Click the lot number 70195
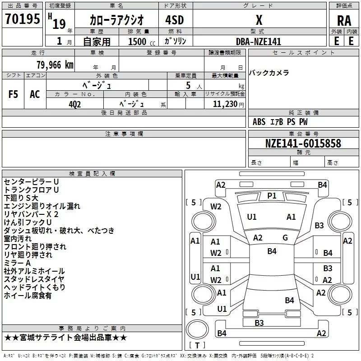coord(22,19)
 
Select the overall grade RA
coord(344,21)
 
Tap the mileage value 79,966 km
coord(55,65)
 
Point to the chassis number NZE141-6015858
coord(303,143)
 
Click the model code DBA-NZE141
coord(259,42)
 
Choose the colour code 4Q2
coord(75,104)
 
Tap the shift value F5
coord(13,94)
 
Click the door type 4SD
coord(175,20)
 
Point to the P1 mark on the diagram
coord(272,196)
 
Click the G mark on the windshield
coord(285,237)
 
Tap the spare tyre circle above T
coord(197,329)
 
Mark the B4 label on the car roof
coord(272,251)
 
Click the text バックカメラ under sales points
coord(269,73)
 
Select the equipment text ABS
coord(259,121)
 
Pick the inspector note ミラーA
coord(17,263)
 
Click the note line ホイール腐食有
coord(28,295)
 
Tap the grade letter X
coord(259,20)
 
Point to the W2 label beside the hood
coord(216,207)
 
